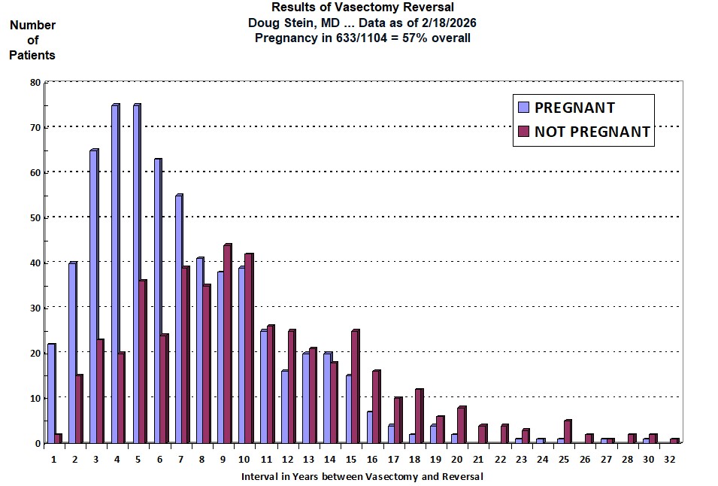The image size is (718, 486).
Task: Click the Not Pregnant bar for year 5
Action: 142,361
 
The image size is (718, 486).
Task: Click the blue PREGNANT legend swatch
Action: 523,108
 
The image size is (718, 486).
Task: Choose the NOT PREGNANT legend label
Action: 592,132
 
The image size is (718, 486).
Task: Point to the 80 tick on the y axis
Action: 35,82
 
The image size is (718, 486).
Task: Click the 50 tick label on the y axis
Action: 35,217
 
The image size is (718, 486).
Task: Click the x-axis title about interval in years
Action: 362,476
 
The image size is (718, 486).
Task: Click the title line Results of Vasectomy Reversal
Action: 362,8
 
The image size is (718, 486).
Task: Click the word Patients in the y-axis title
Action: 32,55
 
